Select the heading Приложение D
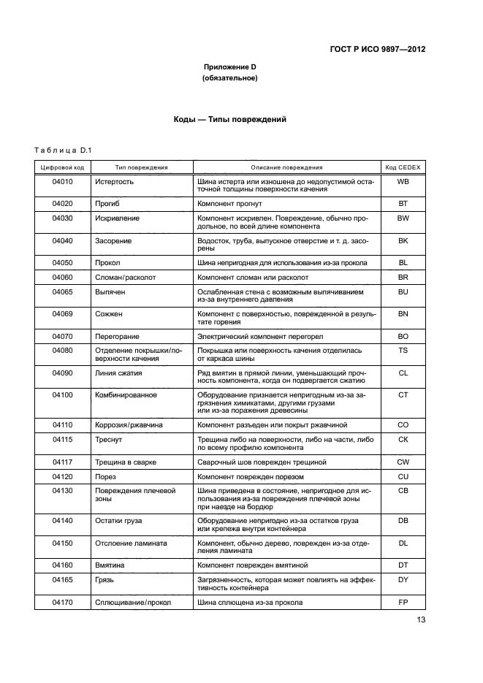pyautogui.click(x=229, y=67)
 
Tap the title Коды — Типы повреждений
pyautogui.click(x=229, y=119)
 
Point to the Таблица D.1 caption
pyautogui.click(x=62, y=150)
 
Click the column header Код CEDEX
pyautogui.click(x=403, y=167)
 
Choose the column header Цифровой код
pyautogui.click(x=62, y=167)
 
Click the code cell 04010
pyautogui.click(x=62, y=180)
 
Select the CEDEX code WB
pyautogui.click(x=403, y=180)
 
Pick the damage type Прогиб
pyautogui.click(x=108, y=203)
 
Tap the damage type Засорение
pyautogui.click(x=113, y=240)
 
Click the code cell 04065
pyautogui.click(x=62, y=291)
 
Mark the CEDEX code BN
pyautogui.click(x=403, y=313)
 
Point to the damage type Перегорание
pyautogui.click(x=117, y=336)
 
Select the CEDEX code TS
pyautogui.click(x=403, y=350)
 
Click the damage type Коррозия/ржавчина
pyautogui.click(x=129, y=424)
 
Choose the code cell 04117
pyautogui.click(x=62, y=462)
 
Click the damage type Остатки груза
pyautogui.click(x=118, y=520)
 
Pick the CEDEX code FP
pyautogui.click(x=403, y=602)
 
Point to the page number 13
pyautogui.click(x=421, y=620)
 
